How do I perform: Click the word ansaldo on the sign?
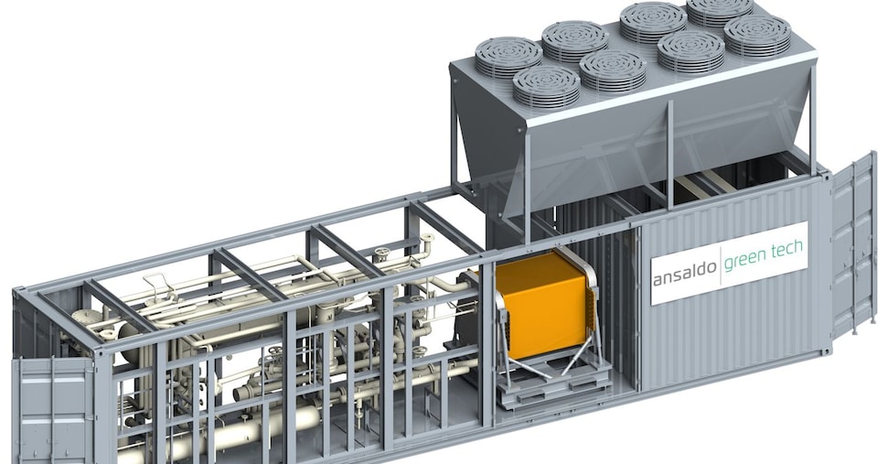pos(685,277)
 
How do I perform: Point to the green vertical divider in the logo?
pos(721,265)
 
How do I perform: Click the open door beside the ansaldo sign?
pos(854,243)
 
